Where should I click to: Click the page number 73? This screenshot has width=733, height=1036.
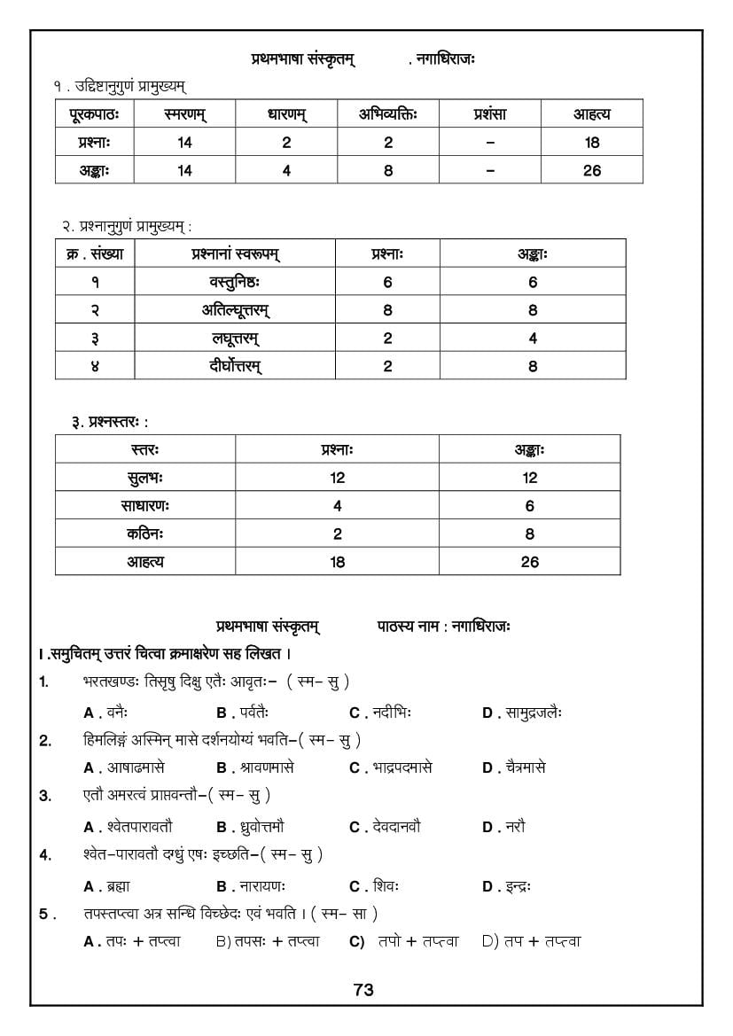363,990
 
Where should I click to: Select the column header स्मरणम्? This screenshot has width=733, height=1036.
184,114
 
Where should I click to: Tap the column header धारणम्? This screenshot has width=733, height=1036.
286,114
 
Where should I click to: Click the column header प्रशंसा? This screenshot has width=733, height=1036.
489,114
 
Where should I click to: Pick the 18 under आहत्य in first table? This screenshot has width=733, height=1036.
592,143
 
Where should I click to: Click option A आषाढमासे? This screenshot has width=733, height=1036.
123,767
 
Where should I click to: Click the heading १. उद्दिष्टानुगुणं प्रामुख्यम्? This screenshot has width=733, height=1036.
120,86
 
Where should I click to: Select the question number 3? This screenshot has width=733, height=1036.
45,796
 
